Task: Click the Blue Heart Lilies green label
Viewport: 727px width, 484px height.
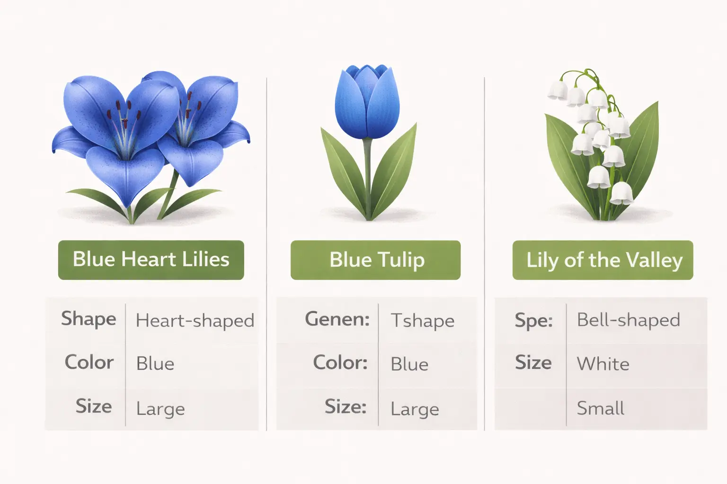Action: [x=151, y=260]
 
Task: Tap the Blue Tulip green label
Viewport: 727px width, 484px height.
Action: [x=375, y=260]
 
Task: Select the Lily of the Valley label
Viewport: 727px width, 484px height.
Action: [x=603, y=260]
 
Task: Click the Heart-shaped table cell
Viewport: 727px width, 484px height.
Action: [x=195, y=320]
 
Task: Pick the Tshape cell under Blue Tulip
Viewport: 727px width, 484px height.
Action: [x=422, y=320]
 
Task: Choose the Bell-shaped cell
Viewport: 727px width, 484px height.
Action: [x=628, y=320]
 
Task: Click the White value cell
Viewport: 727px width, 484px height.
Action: [x=603, y=364]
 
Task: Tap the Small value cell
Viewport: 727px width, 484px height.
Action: [x=600, y=408]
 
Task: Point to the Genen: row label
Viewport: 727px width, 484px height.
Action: [x=337, y=319]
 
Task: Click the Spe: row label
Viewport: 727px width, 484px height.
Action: [x=533, y=320]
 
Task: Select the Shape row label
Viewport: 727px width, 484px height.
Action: [x=89, y=319]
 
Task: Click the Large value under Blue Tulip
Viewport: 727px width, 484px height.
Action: [x=415, y=409]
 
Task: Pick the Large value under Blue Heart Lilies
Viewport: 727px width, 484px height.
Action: [x=160, y=409]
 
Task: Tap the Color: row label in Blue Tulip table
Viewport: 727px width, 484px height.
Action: [x=340, y=363]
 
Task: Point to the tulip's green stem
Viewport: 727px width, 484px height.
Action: [x=368, y=175]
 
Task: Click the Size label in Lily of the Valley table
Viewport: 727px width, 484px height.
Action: [x=533, y=363]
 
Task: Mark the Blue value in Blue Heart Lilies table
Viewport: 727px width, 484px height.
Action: [x=155, y=363]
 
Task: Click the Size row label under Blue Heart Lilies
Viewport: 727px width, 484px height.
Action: [x=94, y=406]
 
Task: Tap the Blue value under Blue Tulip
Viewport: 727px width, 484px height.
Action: [x=409, y=364]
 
